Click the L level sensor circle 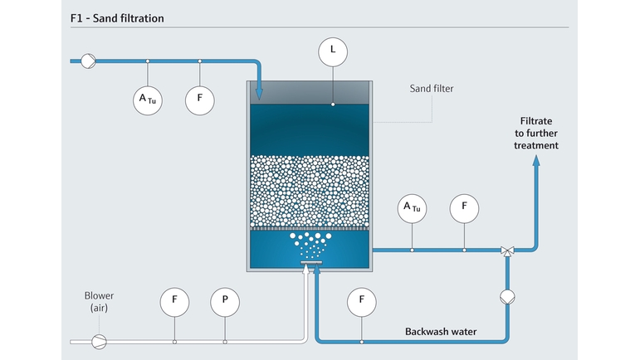click(333, 52)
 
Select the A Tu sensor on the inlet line click(148, 100)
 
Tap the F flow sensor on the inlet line click(199, 100)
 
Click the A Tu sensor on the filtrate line click(412, 209)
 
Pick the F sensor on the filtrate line click(464, 209)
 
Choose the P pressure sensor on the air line click(225, 302)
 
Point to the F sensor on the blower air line click(174, 302)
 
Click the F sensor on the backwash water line click(362, 302)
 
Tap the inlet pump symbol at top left click(88, 61)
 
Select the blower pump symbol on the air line click(99, 342)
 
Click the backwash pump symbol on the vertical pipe click(507, 297)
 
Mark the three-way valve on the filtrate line click(507, 251)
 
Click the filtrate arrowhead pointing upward click(536, 161)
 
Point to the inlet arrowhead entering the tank click(259, 95)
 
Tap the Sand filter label click(432, 89)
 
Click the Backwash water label click(441, 332)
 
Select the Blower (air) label click(99, 301)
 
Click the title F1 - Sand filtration click(117, 18)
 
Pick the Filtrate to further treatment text click(536, 133)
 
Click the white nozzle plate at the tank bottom click(311, 263)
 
